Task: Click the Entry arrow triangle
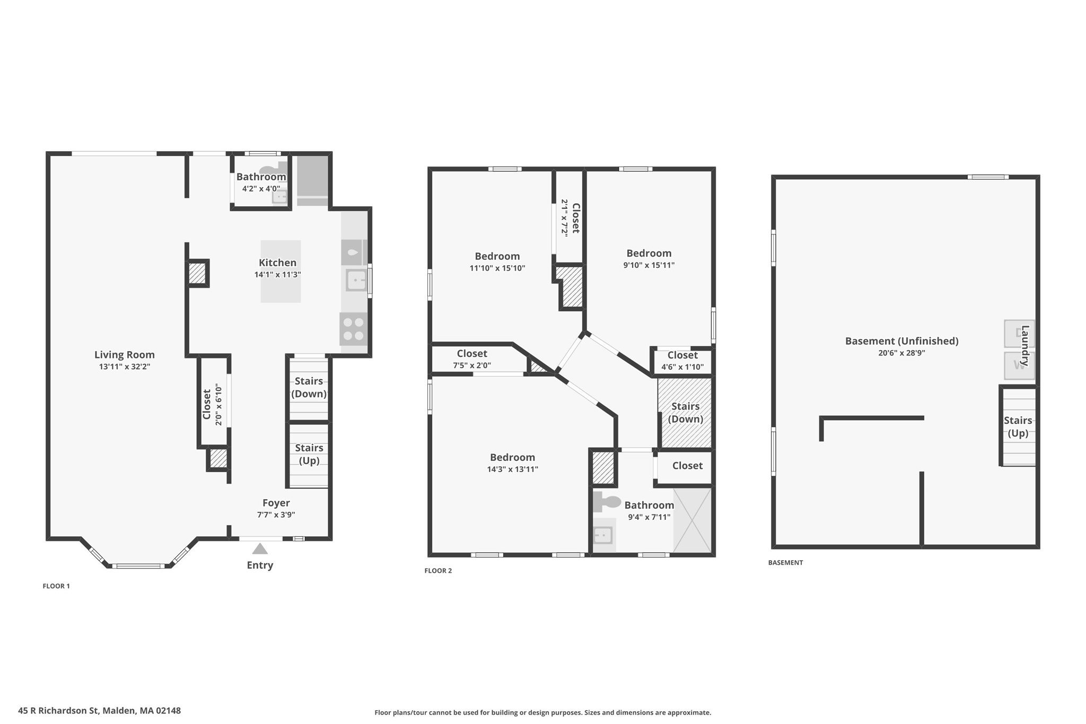(260, 548)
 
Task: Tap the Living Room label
(125, 355)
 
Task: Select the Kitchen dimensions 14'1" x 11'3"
(277, 275)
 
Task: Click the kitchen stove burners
(353, 329)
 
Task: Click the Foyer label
(276, 503)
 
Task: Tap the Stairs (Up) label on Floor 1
(309, 454)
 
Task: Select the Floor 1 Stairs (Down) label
(309, 387)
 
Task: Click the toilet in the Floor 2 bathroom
(607, 501)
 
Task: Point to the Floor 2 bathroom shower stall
(692, 520)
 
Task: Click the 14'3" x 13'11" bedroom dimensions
(512, 469)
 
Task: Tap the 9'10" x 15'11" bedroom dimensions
(649, 265)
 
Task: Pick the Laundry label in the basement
(1024, 345)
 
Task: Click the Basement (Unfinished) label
(901, 341)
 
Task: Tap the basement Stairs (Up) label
(1018, 426)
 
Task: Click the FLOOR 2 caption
(438, 571)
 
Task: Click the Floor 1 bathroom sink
(279, 197)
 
